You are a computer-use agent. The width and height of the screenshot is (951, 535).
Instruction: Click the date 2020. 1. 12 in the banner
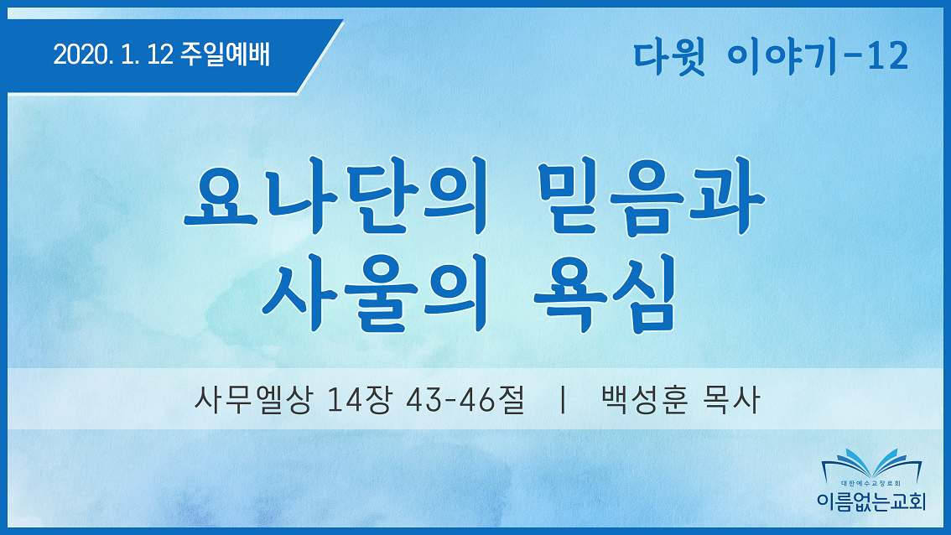point(113,55)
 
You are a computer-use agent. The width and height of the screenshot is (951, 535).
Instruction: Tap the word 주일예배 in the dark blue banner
point(225,55)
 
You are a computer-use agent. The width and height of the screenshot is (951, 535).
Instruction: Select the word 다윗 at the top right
point(669,58)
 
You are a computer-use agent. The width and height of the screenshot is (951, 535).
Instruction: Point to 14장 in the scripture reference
point(358,400)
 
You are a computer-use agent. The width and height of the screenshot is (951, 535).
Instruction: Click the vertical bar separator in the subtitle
point(564,400)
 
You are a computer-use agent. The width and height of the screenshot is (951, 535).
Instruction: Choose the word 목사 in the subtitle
point(730,400)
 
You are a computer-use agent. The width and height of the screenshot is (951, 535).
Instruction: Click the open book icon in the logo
point(871,465)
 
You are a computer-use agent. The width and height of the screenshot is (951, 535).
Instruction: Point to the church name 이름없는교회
point(871,501)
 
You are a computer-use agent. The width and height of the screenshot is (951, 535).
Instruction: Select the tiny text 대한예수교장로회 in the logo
point(871,484)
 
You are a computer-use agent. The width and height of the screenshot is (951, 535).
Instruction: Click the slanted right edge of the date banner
point(320,57)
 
